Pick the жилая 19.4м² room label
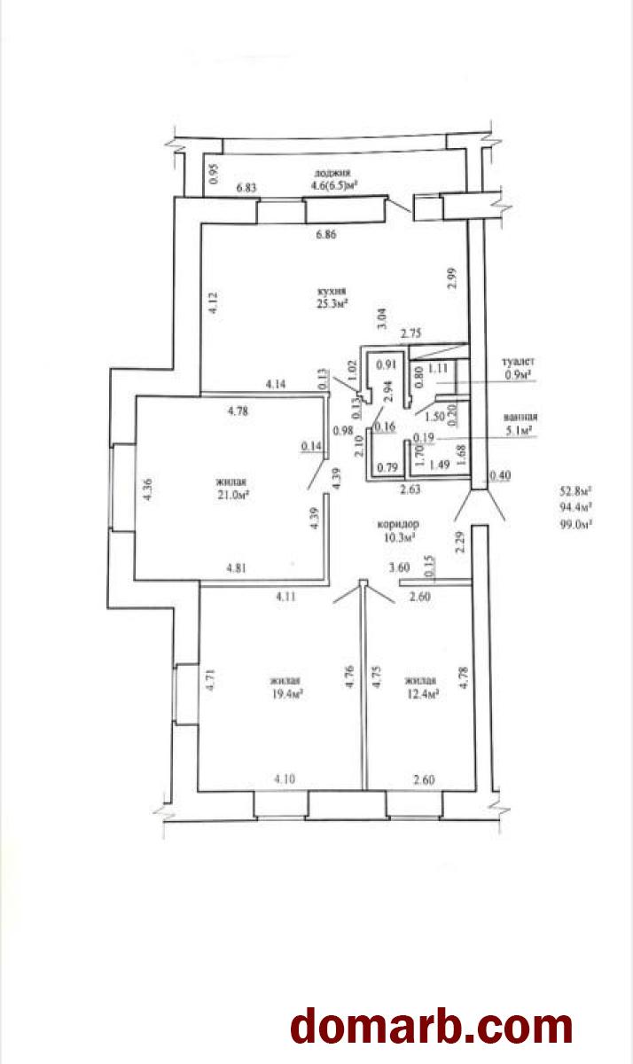pos(288,687)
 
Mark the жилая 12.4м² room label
pos(421,687)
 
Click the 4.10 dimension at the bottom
pos(284,779)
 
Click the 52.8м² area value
pos(574,489)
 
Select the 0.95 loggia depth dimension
pos(213,174)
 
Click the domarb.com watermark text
pos(432,1026)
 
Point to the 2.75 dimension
pos(410,333)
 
